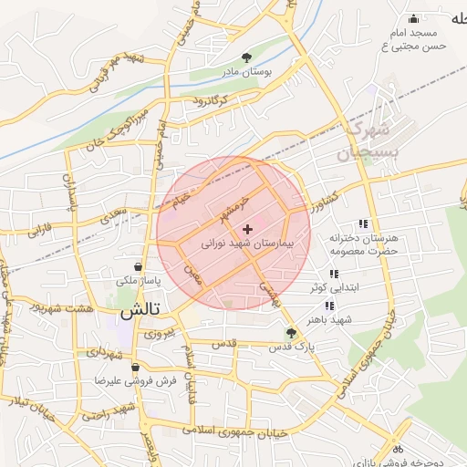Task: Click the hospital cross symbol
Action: [247, 228]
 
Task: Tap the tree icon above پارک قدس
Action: [290, 333]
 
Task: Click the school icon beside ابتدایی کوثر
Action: [333, 274]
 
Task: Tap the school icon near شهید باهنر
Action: [328, 306]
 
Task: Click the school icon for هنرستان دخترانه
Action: [363, 223]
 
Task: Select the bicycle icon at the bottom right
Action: [396, 448]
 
